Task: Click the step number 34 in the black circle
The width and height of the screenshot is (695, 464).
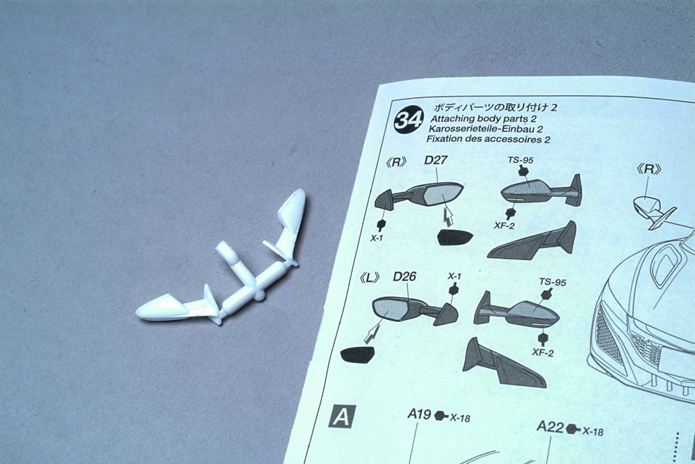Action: pyautogui.click(x=409, y=120)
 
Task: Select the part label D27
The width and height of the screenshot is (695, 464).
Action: pyautogui.click(x=436, y=160)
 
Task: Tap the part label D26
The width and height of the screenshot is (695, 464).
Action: pyautogui.click(x=404, y=277)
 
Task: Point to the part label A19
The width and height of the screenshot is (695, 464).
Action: pyautogui.click(x=419, y=414)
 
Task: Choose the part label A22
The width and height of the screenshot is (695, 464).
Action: pyautogui.click(x=550, y=427)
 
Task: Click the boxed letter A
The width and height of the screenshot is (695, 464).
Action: pyautogui.click(x=342, y=417)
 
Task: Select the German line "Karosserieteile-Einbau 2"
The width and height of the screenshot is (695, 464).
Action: pyautogui.click(x=485, y=129)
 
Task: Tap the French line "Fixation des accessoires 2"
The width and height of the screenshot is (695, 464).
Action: pyautogui.click(x=488, y=139)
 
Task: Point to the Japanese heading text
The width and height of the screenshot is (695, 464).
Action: pyautogui.click(x=495, y=107)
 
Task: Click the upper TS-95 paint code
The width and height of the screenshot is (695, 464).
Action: pyautogui.click(x=521, y=160)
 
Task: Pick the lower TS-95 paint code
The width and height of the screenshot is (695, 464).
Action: pyautogui.click(x=553, y=282)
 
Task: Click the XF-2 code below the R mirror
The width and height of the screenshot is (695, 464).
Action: pyautogui.click(x=506, y=225)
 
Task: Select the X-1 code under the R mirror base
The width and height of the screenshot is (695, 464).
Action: pyautogui.click(x=377, y=238)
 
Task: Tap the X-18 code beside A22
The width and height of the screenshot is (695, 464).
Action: pyautogui.click(x=593, y=431)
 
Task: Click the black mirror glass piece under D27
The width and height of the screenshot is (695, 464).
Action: pyautogui.click(x=455, y=238)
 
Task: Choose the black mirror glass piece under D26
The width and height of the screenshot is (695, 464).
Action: pyautogui.click(x=357, y=354)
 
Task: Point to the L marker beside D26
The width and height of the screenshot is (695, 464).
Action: pyautogui.click(x=370, y=278)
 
